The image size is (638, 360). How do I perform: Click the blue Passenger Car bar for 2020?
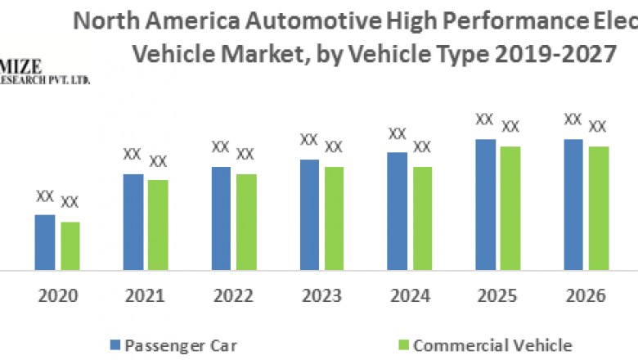(45, 242)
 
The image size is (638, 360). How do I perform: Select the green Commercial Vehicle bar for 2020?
(70, 245)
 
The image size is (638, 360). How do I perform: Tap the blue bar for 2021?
(133, 221)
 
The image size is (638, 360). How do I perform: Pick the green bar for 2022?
(246, 222)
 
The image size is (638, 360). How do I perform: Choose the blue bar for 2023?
(309, 214)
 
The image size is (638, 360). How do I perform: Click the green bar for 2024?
(422, 218)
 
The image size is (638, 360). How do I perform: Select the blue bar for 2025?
(486, 204)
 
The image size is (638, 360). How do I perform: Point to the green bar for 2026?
(599, 208)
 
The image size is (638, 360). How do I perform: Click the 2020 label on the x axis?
(57, 296)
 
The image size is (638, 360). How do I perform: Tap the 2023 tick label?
(321, 296)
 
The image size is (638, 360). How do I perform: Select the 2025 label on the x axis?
(497, 296)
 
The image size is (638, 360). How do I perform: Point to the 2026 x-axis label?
(586, 296)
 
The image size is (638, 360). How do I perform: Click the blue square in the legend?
(114, 344)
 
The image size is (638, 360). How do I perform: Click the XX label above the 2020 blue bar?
(45, 196)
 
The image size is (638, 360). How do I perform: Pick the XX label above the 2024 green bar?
(422, 147)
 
